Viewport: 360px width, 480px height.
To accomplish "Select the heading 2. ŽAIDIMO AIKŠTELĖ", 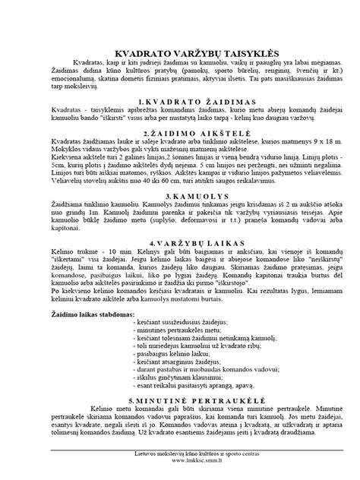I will [180, 131].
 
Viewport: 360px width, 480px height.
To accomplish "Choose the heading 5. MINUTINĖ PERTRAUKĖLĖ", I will [180, 397].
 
